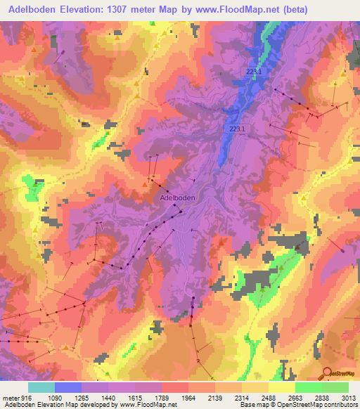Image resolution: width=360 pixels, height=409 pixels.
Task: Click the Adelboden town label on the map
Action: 177,198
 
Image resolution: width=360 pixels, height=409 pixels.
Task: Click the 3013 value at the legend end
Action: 349,397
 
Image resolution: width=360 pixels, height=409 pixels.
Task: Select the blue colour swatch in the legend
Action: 68,387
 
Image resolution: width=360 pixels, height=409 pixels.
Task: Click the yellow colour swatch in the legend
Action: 282,387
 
